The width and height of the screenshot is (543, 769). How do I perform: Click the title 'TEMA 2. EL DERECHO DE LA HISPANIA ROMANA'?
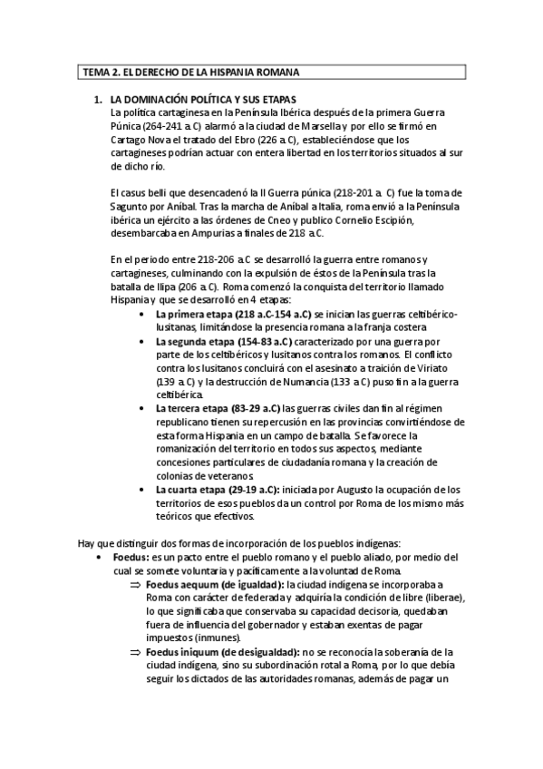[x=191, y=72]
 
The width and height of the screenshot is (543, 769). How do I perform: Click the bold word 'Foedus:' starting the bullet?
[x=131, y=556]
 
